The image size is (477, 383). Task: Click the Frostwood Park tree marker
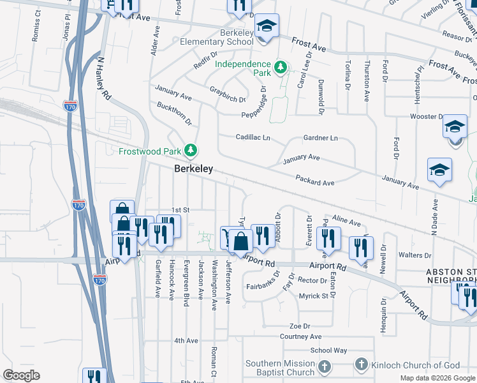[191, 151]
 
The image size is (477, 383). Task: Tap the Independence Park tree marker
[279, 66]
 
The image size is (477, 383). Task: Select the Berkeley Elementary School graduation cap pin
[267, 26]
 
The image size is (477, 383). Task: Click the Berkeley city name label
[194, 169]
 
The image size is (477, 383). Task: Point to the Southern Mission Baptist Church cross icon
[325, 366]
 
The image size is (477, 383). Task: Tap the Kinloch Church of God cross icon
[361, 364]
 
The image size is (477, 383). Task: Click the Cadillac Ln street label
[253, 137]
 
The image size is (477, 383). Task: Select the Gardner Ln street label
[320, 138]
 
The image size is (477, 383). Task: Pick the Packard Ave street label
[315, 183]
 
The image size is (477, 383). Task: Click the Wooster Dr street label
[427, 117]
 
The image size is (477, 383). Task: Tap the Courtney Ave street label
[300, 336]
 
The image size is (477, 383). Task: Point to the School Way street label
[328, 350]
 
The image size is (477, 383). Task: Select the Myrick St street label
[313, 296]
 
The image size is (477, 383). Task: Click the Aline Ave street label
[346, 222]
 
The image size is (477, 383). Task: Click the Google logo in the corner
[22, 375]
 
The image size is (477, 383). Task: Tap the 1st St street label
[181, 209]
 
